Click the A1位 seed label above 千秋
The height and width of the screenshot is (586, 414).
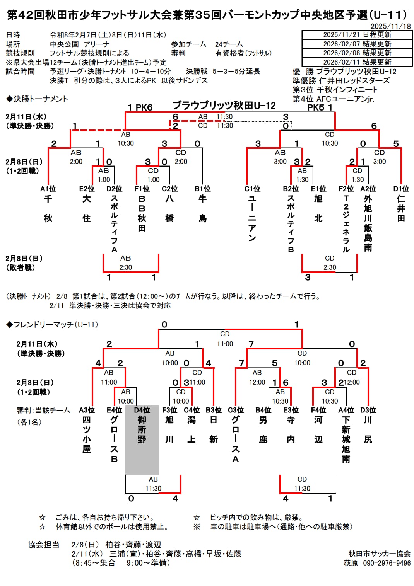pos(48,189)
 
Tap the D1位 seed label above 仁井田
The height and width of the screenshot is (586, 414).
pos(401,189)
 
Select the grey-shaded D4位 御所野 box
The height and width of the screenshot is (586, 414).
pos(142,440)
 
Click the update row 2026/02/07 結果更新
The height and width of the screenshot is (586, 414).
pos(357,44)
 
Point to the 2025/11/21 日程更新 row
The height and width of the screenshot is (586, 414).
pos(357,35)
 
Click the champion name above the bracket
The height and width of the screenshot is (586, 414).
pos(224,106)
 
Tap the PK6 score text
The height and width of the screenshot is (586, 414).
pos(144,107)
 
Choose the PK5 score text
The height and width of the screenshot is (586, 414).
pos(316,107)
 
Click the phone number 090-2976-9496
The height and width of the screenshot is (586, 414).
pos(387,563)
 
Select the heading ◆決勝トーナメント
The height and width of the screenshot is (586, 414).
pos(37,99)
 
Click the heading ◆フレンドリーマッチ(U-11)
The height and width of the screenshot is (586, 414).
pos(52,325)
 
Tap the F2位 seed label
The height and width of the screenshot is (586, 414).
pos(346,189)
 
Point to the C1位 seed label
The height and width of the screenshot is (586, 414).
pos(252,189)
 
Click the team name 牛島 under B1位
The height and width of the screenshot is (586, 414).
pos(202,208)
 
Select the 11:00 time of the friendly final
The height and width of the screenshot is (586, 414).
pos(225,344)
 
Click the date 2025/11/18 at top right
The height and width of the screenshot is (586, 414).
pos(391,26)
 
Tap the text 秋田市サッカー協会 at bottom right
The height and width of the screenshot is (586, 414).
pos(380,554)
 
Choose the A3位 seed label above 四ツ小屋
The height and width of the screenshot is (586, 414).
pos(87,410)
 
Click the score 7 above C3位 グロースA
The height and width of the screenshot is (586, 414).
pos(241,363)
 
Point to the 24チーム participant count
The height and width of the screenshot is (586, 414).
pos(229,44)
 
